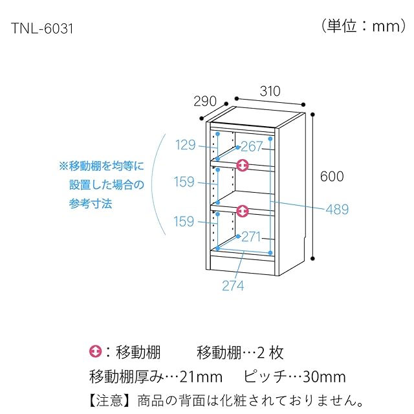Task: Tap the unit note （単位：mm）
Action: pos(362,27)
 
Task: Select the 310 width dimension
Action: pos(270,91)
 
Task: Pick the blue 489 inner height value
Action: pos(337,210)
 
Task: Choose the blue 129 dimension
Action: pos(185,145)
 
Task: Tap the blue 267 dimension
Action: pos(253,146)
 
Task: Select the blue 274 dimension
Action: pos(233,285)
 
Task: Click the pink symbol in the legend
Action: pos(95,353)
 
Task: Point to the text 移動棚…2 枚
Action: pos(239,353)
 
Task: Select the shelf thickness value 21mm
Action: pos(203,376)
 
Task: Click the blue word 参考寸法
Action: pos(91,203)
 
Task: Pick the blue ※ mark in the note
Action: pos(63,166)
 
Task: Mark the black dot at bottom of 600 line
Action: pos(314,259)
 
